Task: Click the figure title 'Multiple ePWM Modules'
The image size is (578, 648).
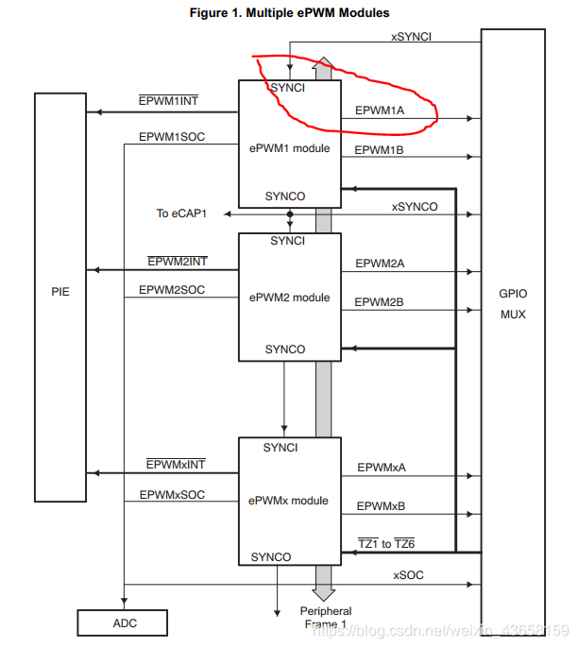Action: click(289, 12)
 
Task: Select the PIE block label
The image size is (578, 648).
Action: click(60, 292)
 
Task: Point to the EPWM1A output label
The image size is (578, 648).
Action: click(380, 110)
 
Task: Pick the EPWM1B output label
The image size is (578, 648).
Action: click(380, 150)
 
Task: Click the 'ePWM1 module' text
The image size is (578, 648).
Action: click(289, 147)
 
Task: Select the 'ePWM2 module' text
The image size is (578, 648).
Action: click(289, 298)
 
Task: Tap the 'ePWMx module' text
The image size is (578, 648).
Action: click(289, 500)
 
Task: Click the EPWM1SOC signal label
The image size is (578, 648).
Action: click(172, 137)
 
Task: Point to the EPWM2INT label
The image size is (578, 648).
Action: click(177, 261)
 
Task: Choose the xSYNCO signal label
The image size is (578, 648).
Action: click(415, 206)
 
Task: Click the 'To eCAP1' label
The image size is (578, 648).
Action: click(182, 213)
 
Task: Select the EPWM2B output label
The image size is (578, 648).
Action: click(380, 301)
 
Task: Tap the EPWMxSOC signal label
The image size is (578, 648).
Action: click(172, 494)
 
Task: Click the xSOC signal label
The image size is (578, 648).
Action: click(407, 574)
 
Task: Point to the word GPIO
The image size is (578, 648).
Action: click(514, 293)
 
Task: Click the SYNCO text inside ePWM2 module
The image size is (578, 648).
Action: click(285, 349)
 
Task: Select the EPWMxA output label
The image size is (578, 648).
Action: click(382, 467)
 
